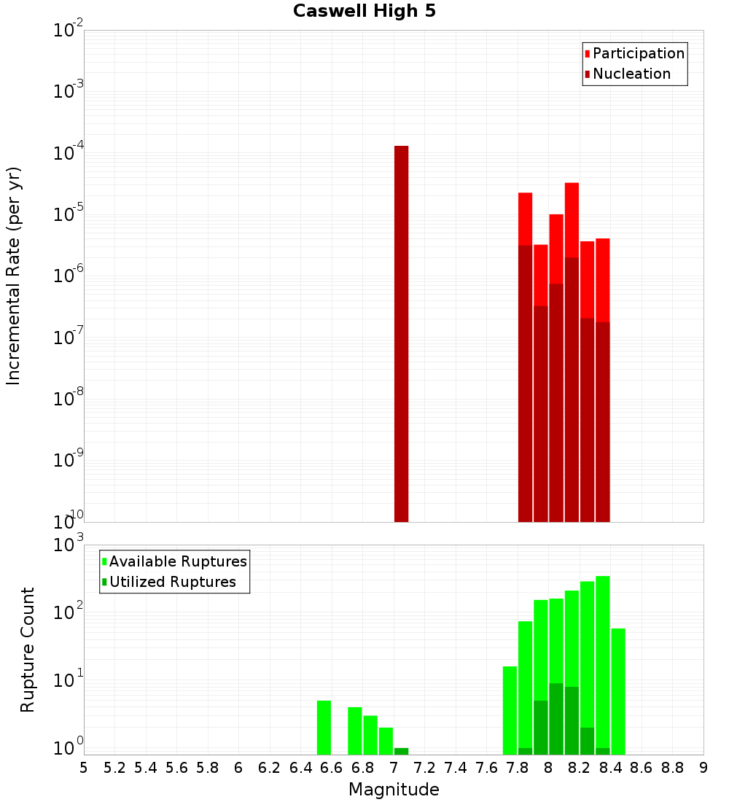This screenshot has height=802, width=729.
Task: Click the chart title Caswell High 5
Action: [364, 12]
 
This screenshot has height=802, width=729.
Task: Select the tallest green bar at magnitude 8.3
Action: [603, 656]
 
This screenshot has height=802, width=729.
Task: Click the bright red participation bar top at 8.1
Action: [572, 219]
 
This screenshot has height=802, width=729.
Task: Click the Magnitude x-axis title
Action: [394, 790]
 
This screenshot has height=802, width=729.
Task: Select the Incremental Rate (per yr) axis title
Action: [14, 276]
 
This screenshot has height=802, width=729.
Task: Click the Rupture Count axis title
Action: [28, 649]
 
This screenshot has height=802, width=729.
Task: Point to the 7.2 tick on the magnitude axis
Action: [424, 768]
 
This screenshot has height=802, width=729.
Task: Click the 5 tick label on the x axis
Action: [84, 768]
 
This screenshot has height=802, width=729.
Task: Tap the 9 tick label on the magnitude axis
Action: [703, 768]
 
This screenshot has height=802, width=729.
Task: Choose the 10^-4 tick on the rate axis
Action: [69, 153]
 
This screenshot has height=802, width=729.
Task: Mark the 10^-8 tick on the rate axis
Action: [69, 399]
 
